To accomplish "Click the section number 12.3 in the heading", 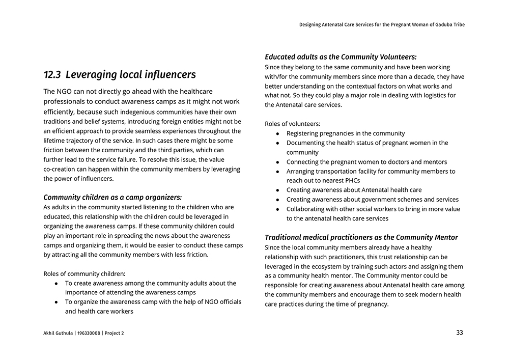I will coord(52,75).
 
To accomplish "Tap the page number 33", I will coord(460,333).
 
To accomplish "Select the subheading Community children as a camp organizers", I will coord(112,198).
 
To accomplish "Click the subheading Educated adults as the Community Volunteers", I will coord(341,57).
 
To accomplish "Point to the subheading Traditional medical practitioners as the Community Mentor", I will coord(361,237).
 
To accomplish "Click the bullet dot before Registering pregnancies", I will coord(277,133).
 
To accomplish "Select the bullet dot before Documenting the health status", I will coord(277,143).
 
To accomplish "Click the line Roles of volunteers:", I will coord(293,124).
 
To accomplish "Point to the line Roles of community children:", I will coord(84,273).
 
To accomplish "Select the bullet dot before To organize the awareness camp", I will coord(56,302).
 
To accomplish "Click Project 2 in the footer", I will coord(114,333).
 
